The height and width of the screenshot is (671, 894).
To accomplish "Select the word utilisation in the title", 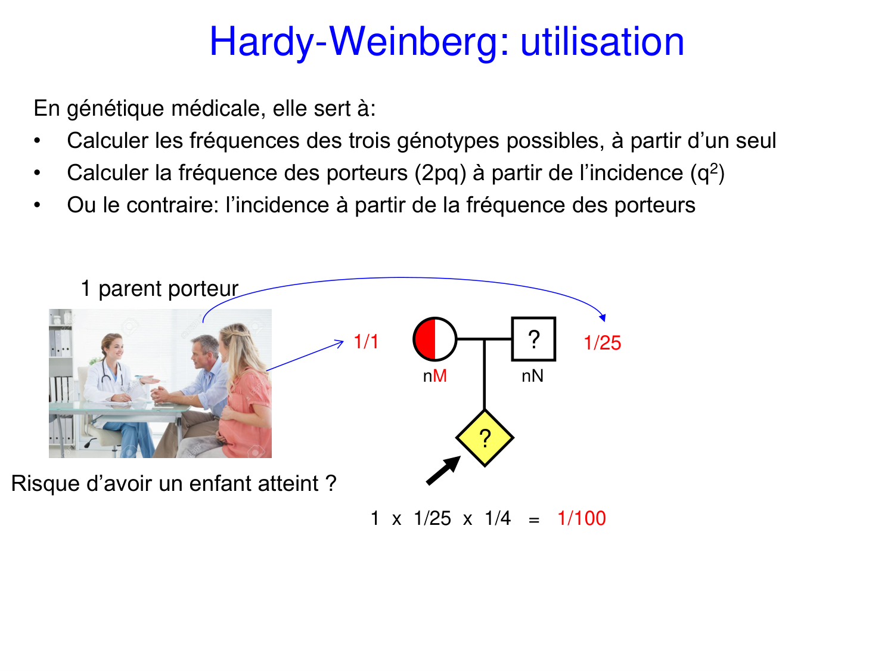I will pos(602,42).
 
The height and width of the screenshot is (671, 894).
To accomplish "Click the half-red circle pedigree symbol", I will pos(435,339).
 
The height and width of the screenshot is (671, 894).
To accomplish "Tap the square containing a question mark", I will pos(533,339).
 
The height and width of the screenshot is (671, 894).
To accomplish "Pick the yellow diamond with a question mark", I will pos(485,438).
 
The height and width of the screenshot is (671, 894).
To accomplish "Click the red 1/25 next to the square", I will pos(603,343).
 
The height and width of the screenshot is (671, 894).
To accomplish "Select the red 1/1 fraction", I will pos(366,341).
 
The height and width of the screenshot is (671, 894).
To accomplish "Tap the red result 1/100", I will pos(581,518).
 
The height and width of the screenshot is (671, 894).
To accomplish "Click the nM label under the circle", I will pos(435,376).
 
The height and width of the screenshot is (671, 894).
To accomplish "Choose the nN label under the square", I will pos(532,376).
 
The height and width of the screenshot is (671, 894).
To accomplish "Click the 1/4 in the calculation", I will pos(498,518).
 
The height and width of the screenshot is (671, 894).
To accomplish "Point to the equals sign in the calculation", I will pos(534,520).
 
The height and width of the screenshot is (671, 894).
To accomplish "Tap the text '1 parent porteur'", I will pos(159,289).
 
